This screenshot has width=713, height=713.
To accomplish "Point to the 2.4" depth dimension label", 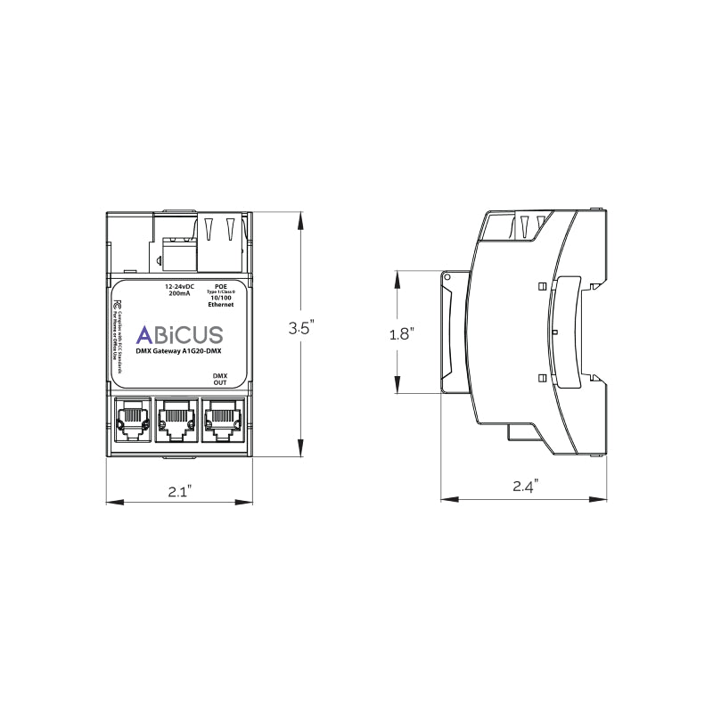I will (525, 487).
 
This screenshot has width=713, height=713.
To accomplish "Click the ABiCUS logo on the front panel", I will (178, 335).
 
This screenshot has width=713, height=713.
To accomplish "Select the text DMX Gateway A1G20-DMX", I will (178, 353).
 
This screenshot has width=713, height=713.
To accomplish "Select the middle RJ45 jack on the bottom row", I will (176, 417).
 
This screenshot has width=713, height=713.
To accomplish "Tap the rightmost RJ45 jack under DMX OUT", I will (221, 417).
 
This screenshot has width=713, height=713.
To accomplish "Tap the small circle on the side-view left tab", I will (447, 278).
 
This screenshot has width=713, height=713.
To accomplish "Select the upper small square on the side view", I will (541, 286).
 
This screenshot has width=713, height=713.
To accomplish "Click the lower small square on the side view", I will (541, 377).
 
